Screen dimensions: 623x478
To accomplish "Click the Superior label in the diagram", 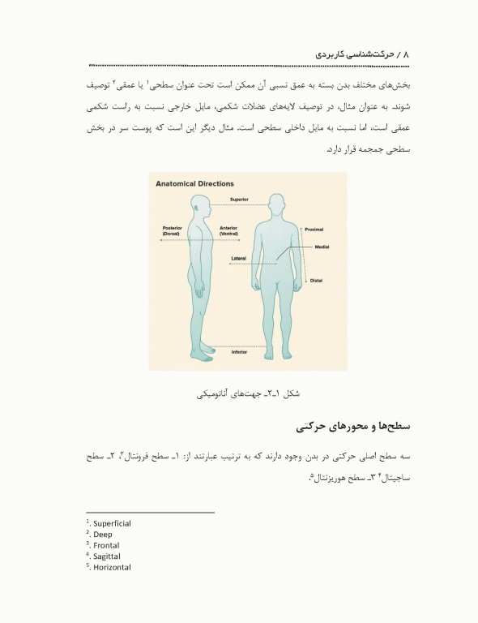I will click(x=239, y=199).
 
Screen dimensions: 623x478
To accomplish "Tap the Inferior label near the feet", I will click(x=239, y=352).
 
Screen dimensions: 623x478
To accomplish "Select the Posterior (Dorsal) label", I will click(x=173, y=230).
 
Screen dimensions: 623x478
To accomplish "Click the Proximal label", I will click(x=314, y=230).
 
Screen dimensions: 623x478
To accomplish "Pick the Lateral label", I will click(x=240, y=258).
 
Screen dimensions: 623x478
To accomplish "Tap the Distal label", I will click(x=317, y=281).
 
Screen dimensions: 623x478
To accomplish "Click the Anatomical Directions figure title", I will click(x=194, y=184).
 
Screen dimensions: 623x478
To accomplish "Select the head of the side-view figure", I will click(x=200, y=205).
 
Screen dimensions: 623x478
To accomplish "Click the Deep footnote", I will click(x=103, y=535).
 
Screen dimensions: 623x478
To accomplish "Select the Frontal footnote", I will click(x=106, y=546).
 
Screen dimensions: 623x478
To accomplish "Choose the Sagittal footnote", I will click(x=106, y=556).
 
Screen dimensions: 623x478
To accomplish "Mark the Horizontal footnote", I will click(x=111, y=567).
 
